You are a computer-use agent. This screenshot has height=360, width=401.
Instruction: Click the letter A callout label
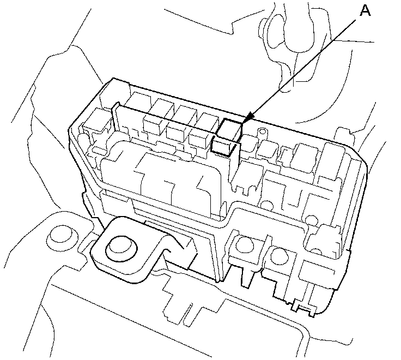tap(365, 11)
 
